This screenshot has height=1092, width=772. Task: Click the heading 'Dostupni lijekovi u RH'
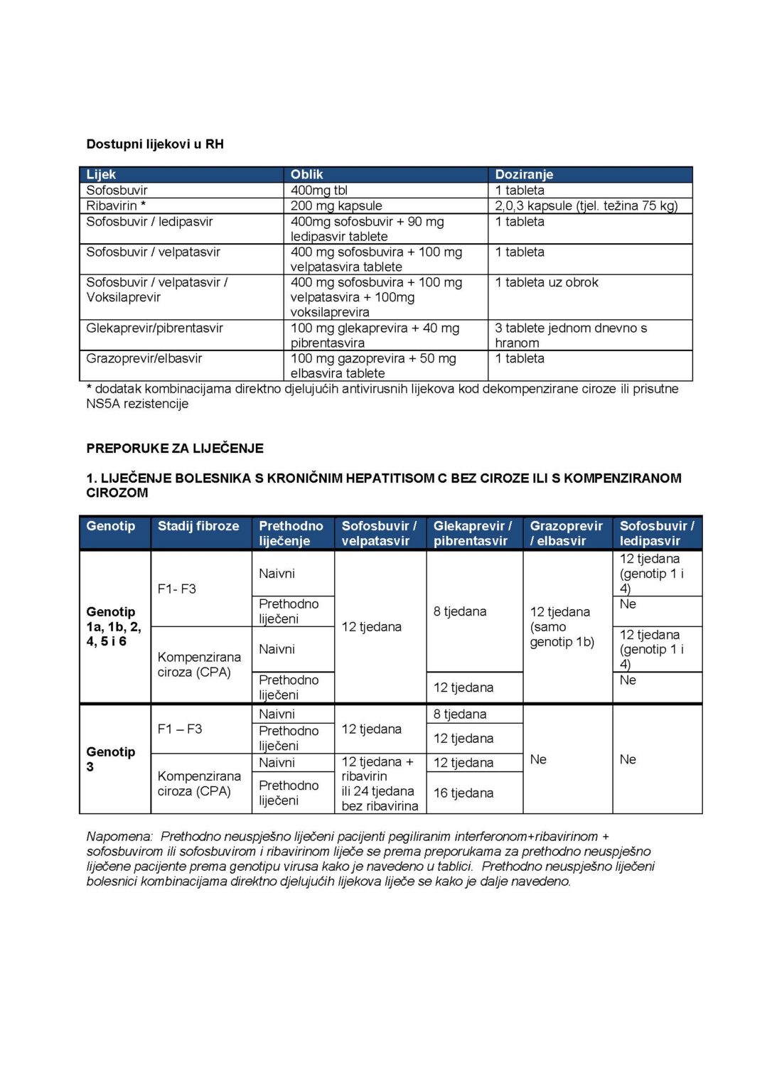pyautogui.click(x=155, y=144)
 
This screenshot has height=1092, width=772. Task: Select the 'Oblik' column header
pyautogui.click(x=306, y=174)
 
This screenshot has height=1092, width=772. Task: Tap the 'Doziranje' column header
pyautogui.click(x=524, y=174)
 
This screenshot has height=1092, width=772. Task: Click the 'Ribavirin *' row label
pyautogui.click(x=116, y=205)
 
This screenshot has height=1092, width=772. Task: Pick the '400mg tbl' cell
pyautogui.click(x=319, y=190)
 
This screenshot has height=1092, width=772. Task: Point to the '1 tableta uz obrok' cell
pyautogui.click(x=547, y=282)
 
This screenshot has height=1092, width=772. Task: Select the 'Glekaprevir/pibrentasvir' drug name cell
pyautogui.click(x=154, y=328)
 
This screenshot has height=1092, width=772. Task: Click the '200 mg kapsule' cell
pyautogui.click(x=336, y=205)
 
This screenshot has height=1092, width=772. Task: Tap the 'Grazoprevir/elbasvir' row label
pyautogui.click(x=144, y=358)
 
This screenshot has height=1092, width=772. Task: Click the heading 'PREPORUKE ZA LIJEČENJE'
pyautogui.click(x=175, y=449)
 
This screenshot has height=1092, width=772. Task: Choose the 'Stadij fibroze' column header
pyautogui.click(x=198, y=526)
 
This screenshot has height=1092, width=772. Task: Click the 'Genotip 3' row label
pyautogui.click(x=110, y=759)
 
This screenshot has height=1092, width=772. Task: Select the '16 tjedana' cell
pyautogui.click(x=463, y=793)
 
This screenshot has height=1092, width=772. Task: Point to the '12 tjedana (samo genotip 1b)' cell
pyautogui.click(x=562, y=626)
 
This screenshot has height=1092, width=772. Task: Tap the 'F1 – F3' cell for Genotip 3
pyautogui.click(x=180, y=729)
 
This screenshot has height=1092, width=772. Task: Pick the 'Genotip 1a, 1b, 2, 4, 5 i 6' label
pyautogui.click(x=113, y=626)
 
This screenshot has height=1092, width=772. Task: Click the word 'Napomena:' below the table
pyautogui.click(x=119, y=837)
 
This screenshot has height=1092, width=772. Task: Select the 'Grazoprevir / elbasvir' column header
pyautogui.click(x=566, y=533)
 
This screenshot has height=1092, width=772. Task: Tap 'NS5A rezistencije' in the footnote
pyautogui.click(x=137, y=404)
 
